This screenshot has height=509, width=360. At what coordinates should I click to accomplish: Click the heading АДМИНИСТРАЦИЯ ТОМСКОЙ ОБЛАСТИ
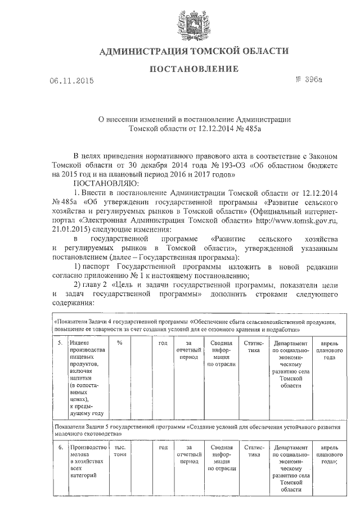(193, 52)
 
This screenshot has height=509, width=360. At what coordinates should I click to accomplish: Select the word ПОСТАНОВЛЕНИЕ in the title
(193, 69)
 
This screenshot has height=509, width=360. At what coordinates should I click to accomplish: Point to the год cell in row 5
(163, 343)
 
